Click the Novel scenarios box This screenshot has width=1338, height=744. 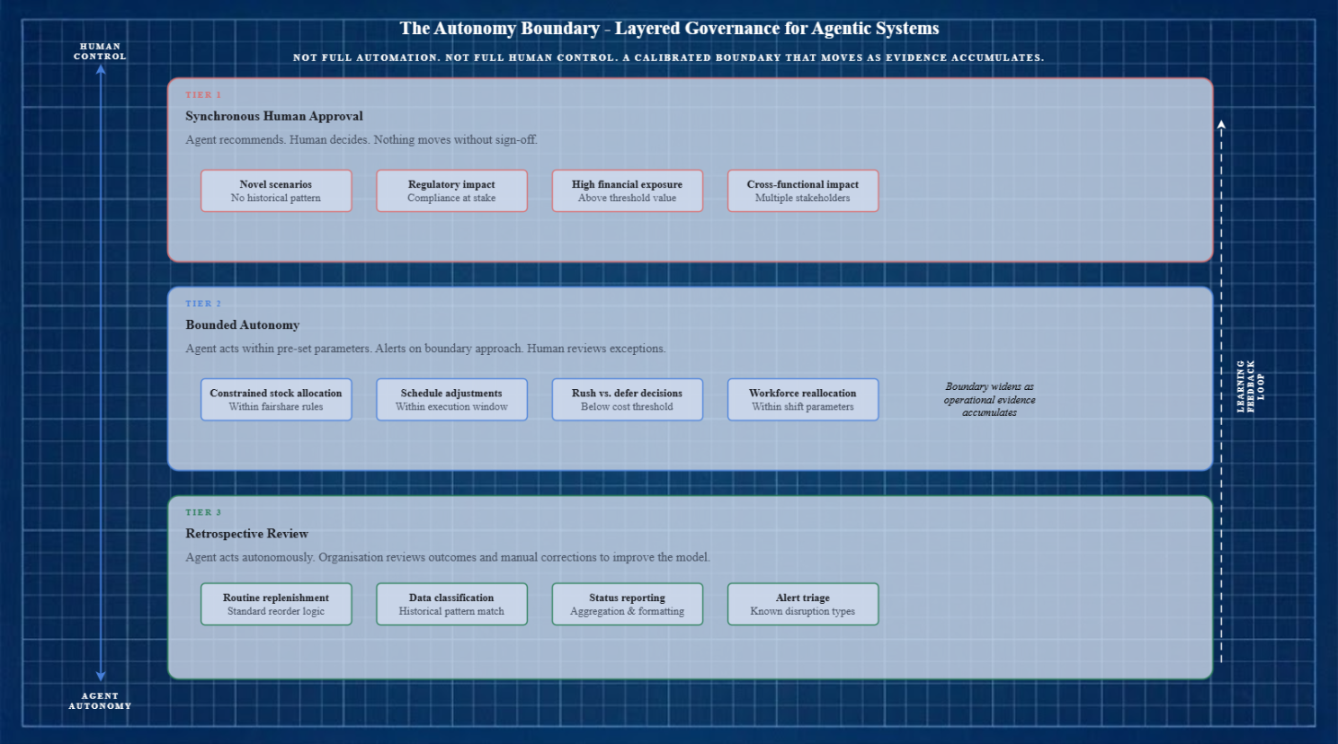(276, 190)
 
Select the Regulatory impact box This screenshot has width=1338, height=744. (451, 190)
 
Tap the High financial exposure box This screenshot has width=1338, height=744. (627, 190)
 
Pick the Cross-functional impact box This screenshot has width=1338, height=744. (802, 190)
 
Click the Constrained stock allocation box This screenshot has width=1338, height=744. (276, 399)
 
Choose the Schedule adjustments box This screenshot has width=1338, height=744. (451, 399)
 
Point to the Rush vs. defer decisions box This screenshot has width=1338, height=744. (627, 399)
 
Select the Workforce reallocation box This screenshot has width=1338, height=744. (802, 399)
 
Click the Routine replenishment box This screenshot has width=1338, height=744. (276, 604)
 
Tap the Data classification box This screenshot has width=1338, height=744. (451, 604)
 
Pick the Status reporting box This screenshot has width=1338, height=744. (627, 604)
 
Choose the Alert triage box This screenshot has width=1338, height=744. (802, 604)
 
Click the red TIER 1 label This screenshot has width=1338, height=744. (203, 94)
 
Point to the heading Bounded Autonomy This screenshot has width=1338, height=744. (242, 324)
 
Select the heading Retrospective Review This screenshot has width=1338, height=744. (246, 533)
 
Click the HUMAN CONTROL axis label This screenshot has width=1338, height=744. (100, 51)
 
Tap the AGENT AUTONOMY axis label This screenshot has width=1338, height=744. (100, 701)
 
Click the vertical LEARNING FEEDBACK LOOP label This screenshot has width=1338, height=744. (1250, 386)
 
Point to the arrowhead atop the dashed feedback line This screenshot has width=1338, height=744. (1221, 124)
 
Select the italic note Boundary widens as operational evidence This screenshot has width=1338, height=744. (989, 399)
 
